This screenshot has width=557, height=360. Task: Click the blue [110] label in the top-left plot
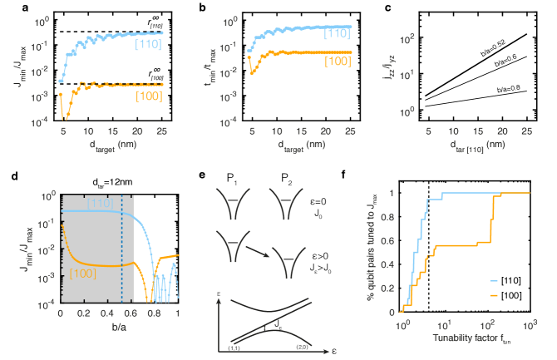pos(149,44)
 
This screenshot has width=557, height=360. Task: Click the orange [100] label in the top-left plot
pos(149,96)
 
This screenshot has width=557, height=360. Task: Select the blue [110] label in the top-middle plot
pos(335,32)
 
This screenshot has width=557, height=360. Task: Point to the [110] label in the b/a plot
pos(100,203)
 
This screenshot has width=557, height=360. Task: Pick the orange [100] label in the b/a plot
pos(85,274)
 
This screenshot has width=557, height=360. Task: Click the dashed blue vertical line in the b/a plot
pos(122,249)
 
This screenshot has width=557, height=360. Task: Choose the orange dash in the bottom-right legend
pos(493,295)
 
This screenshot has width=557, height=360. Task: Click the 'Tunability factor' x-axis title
pos(465,338)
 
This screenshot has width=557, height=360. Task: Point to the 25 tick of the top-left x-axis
pos(161,131)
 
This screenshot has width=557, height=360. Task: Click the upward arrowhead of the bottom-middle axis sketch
pos(218,301)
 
